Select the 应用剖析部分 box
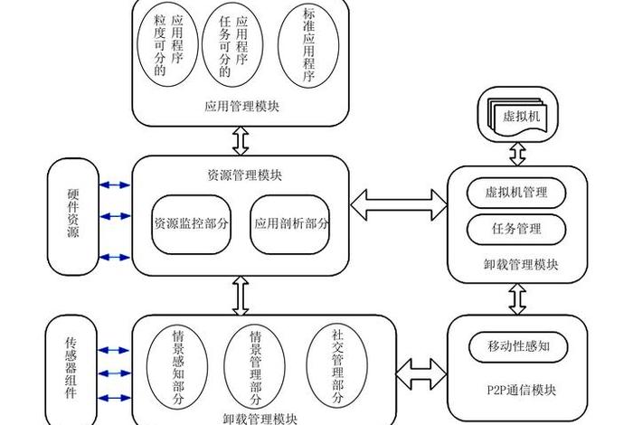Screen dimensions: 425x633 pos(290,222)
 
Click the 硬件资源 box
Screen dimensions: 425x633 pos(72,217)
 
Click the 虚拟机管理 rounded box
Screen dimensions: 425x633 pos(517,193)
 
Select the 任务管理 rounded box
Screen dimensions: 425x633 pos(517,229)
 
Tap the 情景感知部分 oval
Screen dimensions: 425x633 pos(178,365)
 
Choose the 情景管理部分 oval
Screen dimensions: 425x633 pos(256,365)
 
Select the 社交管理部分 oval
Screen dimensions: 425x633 pos(337,362)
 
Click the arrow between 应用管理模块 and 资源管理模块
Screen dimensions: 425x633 pos(241,140)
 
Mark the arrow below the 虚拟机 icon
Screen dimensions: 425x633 pos(517,152)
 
